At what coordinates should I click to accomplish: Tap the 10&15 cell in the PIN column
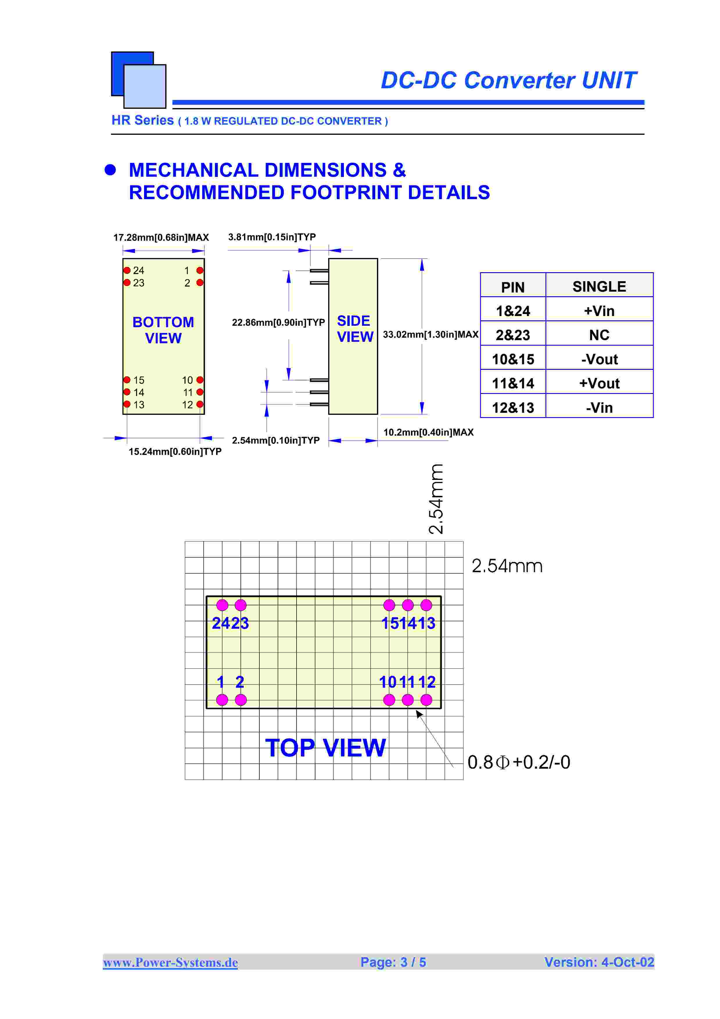[x=513, y=359]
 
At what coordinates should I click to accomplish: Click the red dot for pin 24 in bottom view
[x=127, y=270]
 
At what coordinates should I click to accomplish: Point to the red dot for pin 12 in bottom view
[x=200, y=404]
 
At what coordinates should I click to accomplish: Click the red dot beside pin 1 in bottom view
[x=200, y=270]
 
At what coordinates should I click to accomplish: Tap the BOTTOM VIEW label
[x=163, y=330]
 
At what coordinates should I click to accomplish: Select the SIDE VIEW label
[x=355, y=329]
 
